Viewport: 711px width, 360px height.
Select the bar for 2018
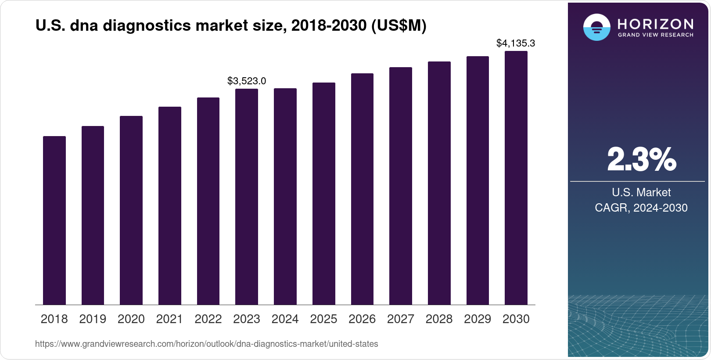(x=54, y=220)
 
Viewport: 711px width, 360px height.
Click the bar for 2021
(x=170, y=205)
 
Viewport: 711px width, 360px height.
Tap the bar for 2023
(x=247, y=197)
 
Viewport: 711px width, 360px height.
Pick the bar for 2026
(x=362, y=189)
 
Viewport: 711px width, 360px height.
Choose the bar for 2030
(x=516, y=178)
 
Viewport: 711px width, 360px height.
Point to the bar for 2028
(x=439, y=183)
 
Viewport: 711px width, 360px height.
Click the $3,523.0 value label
(x=247, y=81)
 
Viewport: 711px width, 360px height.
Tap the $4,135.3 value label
(x=516, y=43)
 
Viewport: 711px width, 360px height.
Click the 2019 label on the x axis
(x=93, y=319)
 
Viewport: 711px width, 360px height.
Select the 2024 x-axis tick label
(x=285, y=319)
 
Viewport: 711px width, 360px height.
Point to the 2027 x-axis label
(x=401, y=319)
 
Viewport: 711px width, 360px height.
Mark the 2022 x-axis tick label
(x=208, y=319)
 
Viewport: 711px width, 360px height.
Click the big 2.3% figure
(x=642, y=159)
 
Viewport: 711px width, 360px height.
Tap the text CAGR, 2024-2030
(x=641, y=208)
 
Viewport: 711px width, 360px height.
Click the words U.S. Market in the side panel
(x=641, y=192)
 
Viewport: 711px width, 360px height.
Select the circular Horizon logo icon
(x=596, y=27)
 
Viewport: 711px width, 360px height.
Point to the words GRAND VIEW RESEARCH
(x=656, y=35)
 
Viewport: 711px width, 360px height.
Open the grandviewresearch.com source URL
(x=206, y=344)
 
